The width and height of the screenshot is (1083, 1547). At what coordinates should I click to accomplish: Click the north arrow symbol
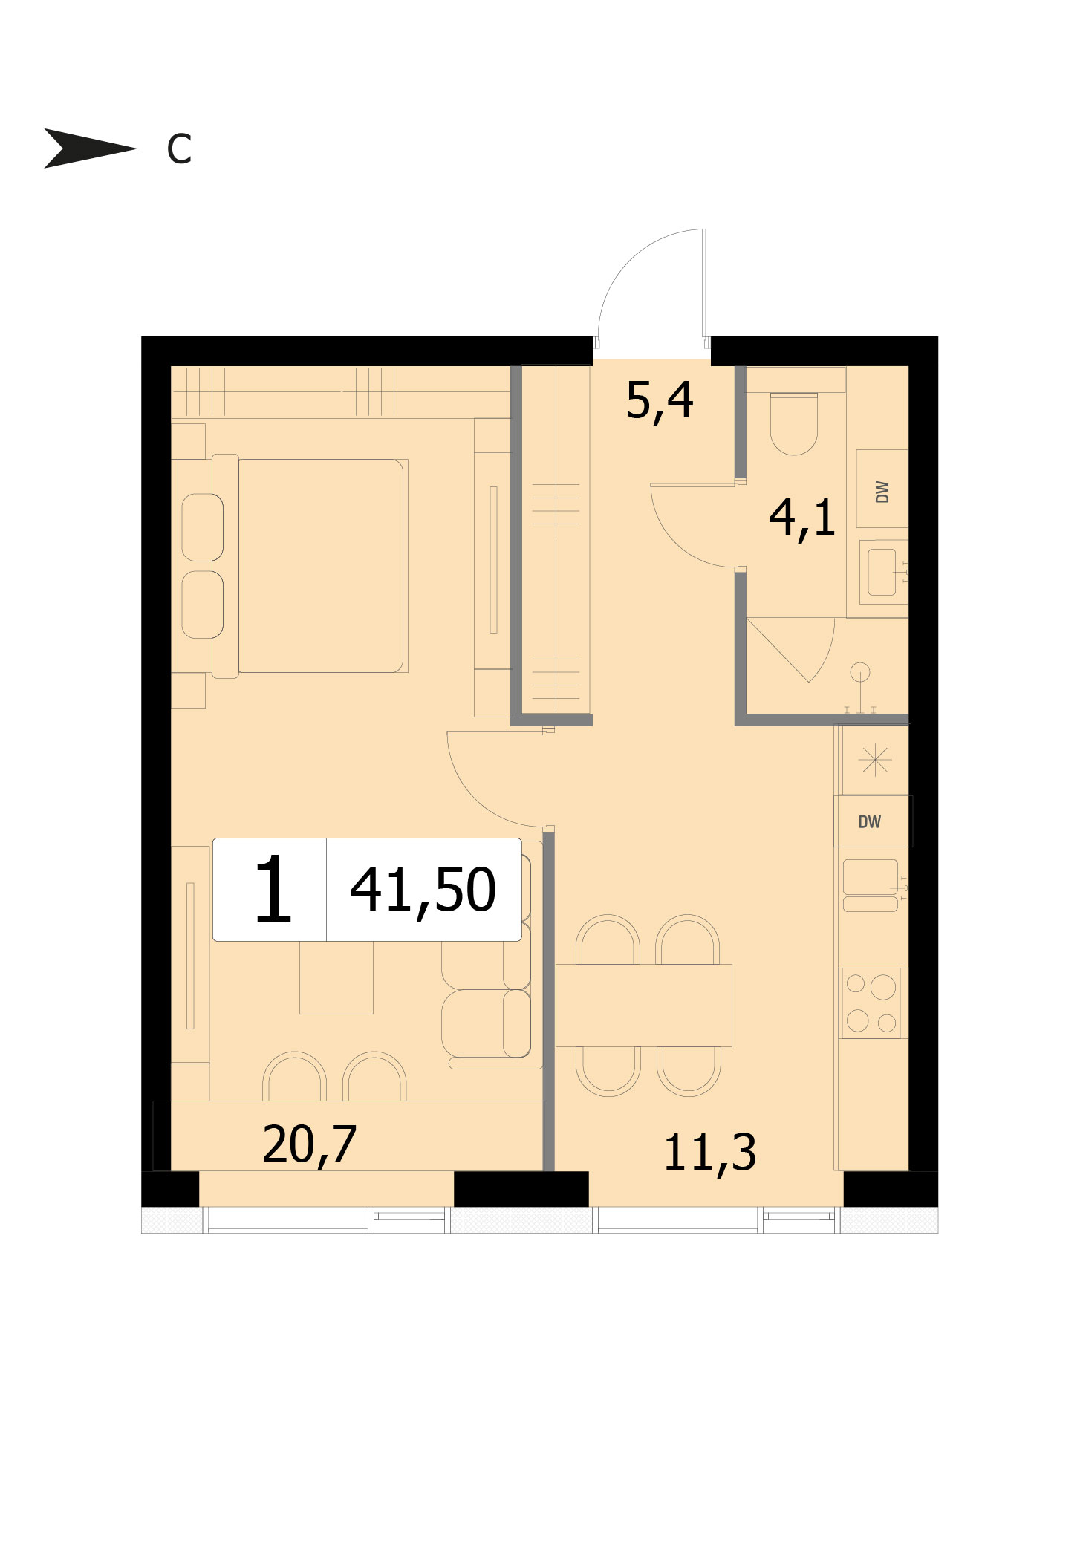(x=89, y=148)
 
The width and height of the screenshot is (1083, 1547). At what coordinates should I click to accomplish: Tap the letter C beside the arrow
(x=179, y=149)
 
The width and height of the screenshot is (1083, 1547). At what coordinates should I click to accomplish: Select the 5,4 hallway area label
(x=660, y=402)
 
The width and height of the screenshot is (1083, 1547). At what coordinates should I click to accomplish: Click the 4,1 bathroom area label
(x=802, y=518)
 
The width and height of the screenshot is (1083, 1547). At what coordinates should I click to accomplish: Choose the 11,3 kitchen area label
(x=710, y=1153)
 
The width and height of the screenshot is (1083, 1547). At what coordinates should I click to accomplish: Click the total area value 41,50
(x=423, y=891)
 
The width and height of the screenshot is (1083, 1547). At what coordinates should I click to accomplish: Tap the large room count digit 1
(x=273, y=888)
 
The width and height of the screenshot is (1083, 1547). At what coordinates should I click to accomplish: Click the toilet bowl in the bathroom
(x=794, y=423)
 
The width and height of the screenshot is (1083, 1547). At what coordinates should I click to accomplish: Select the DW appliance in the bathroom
(x=882, y=489)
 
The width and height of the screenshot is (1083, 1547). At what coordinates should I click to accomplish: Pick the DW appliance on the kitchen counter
(x=871, y=821)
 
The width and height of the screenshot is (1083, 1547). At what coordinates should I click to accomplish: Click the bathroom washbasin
(x=882, y=572)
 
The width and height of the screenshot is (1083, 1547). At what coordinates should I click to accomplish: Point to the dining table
(x=643, y=1005)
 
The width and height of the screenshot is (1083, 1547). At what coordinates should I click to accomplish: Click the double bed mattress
(x=321, y=566)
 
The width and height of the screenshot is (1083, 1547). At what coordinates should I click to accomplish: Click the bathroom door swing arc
(x=679, y=541)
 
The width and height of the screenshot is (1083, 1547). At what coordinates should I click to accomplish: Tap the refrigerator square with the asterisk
(x=875, y=760)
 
